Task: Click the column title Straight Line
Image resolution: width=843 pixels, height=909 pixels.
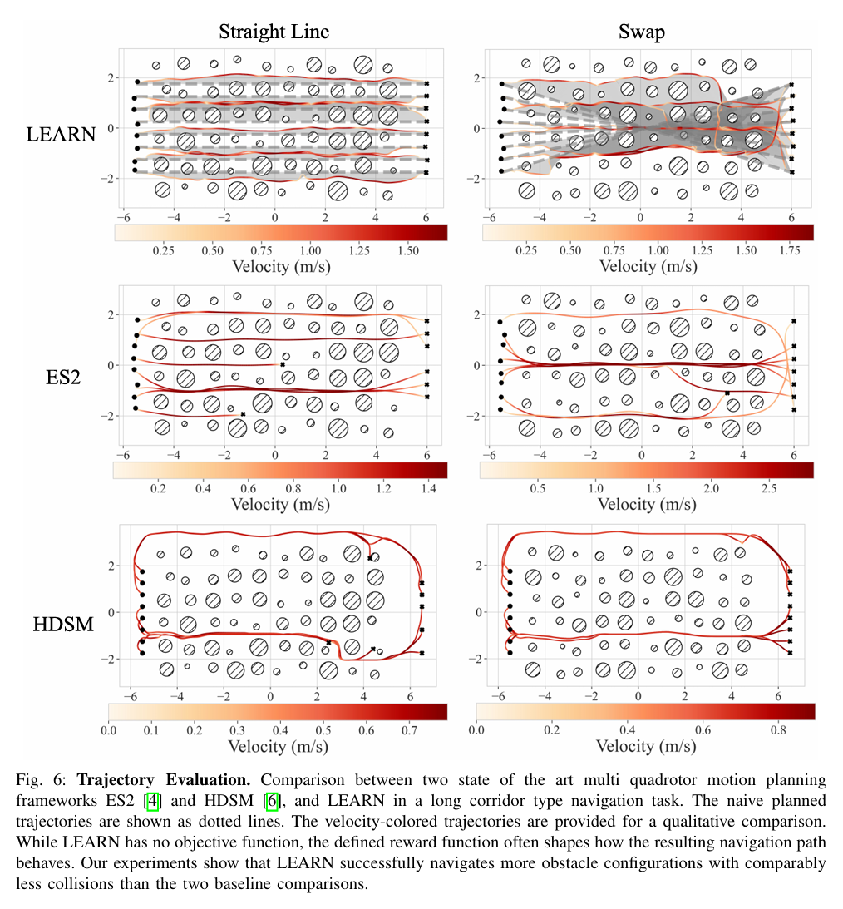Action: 274,32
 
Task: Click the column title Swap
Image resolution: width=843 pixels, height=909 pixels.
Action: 641,32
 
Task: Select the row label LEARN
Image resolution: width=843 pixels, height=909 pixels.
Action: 61,135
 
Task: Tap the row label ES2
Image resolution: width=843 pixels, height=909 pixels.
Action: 63,378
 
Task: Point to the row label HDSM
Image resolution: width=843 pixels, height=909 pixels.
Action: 63,625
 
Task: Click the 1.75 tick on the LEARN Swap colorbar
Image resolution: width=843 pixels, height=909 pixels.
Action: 790,250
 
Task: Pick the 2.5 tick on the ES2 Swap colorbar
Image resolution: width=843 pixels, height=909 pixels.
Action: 769,488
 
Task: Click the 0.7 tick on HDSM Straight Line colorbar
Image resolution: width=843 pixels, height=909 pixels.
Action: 410,730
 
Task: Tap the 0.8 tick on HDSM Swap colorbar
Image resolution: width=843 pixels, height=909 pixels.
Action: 778,730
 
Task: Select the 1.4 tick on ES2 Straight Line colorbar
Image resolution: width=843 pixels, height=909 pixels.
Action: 429,488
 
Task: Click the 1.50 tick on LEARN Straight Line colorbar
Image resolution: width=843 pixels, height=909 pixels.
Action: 408,250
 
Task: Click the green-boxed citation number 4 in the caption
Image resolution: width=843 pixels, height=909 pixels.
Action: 152,801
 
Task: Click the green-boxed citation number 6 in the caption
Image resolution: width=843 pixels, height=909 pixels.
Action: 272,801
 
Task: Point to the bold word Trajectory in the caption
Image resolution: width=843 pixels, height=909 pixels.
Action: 116,780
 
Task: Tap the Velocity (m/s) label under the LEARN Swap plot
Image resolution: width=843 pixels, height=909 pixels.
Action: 648,267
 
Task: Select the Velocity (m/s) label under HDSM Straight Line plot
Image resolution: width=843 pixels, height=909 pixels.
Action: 279,746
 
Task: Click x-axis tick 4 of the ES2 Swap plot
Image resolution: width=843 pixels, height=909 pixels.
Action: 742,455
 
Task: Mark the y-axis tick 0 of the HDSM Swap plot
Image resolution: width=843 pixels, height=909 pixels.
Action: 479,612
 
